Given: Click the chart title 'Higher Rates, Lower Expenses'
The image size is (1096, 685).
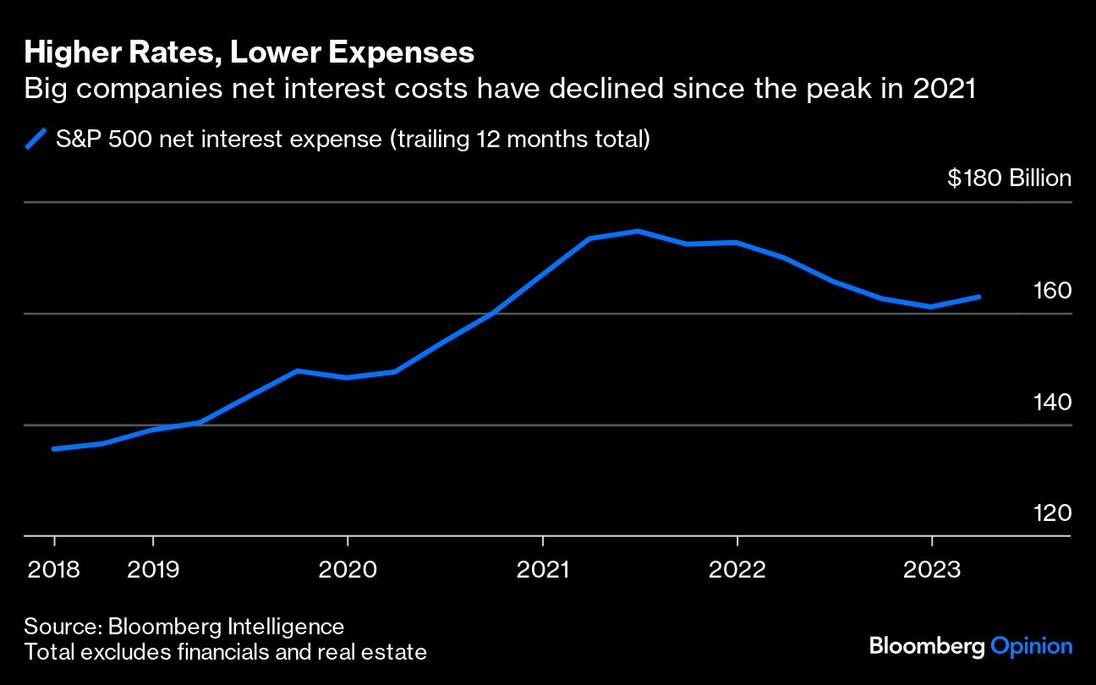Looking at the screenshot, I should point(249,53).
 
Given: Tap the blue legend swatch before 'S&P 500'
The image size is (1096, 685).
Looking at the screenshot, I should point(36,139).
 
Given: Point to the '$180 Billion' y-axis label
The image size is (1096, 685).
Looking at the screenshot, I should point(1009,178).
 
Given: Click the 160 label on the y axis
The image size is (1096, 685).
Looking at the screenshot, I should point(1053,290).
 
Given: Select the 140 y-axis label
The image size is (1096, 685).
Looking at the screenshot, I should point(1053,402).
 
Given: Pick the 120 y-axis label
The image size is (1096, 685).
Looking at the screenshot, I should point(1053,513).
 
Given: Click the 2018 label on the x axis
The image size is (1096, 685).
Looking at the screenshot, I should point(54,568).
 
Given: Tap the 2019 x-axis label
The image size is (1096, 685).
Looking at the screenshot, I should point(153,568).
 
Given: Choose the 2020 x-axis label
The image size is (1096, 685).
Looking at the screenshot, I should point(348,568).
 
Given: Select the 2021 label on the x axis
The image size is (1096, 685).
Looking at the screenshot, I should point(542,568).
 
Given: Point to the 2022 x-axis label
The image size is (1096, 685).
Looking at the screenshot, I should point(737,568).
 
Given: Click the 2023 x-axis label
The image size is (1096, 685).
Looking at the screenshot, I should point(932,568).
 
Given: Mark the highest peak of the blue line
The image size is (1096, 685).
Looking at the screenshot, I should point(638,231).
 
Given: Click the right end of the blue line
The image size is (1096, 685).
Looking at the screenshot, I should point(979,297).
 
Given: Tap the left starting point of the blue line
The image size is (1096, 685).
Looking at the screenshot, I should point(54,449).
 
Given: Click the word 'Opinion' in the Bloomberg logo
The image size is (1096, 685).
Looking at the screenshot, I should point(1031,647).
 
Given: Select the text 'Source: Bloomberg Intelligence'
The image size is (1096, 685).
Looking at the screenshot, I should point(184,627).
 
